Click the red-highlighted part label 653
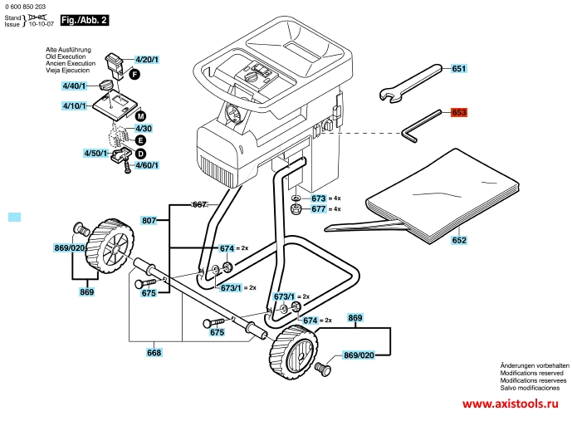pyautogui.click(x=460, y=112)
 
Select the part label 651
pyautogui.click(x=460, y=69)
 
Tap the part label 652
pyautogui.click(x=459, y=240)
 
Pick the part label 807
pyautogui.click(x=149, y=220)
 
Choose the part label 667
pyautogui.click(x=199, y=204)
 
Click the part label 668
pyautogui.click(x=154, y=352)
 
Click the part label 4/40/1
pyautogui.click(x=74, y=86)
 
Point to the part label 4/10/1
pyautogui.click(x=74, y=106)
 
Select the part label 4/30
pyautogui.click(x=144, y=129)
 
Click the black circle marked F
pyautogui.click(x=133, y=75)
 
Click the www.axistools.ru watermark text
pyautogui.click(x=509, y=404)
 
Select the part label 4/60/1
pyautogui.click(x=146, y=165)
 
